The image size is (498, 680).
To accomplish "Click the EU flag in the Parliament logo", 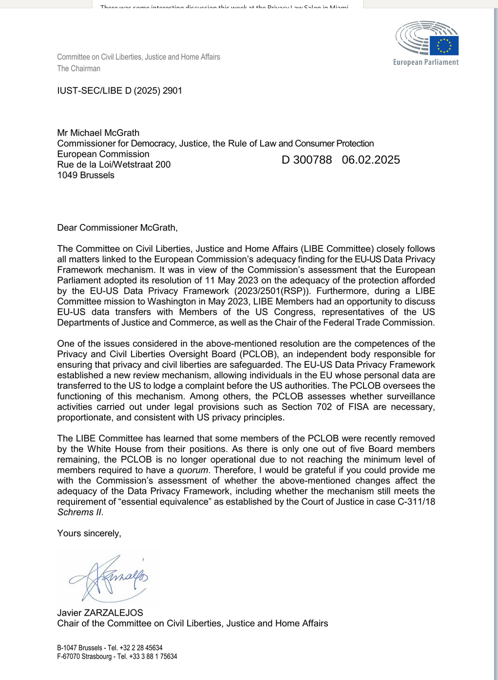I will [444, 46].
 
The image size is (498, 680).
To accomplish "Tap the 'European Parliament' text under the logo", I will [426, 62].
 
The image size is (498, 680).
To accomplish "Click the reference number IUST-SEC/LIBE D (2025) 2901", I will [119, 91].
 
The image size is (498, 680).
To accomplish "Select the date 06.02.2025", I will [371, 160].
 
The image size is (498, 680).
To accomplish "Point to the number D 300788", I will [306, 160].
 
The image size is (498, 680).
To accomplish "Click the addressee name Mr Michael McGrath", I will [98, 133].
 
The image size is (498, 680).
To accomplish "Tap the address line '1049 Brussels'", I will [86, 175].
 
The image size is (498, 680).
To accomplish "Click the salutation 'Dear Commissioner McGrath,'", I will [117, 227].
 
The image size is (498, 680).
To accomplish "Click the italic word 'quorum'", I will [192, 470].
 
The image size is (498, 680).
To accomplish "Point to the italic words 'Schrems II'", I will [80, 512].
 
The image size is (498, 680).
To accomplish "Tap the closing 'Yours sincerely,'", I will [89, 533].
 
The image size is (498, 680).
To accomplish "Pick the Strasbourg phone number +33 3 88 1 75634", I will [153, 657].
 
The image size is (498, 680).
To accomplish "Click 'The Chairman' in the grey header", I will [78, 69].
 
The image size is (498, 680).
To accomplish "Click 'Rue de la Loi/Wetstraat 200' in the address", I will [114, 165].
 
